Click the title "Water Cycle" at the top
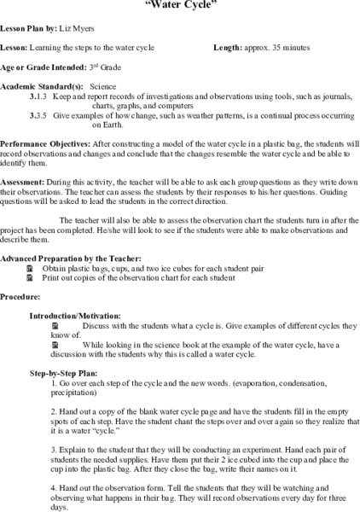180,4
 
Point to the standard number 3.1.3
36,98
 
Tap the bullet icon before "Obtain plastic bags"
32,269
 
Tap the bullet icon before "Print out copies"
32,280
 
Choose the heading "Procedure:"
20,297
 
